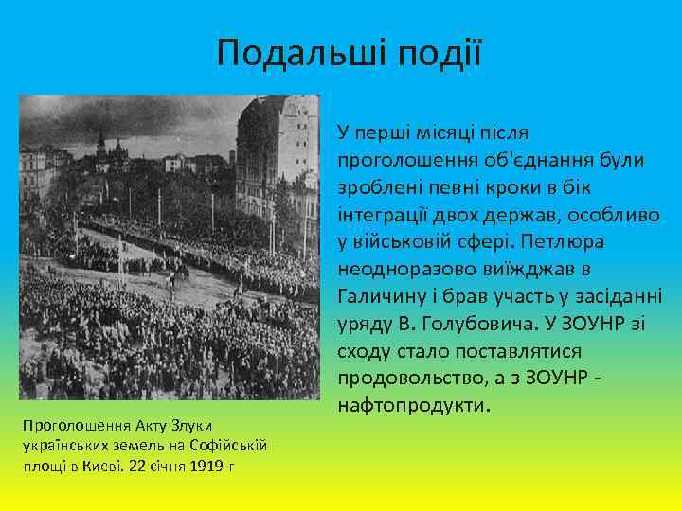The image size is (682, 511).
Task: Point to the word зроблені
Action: click(375, 187)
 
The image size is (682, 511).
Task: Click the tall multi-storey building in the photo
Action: click(275, 161)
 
